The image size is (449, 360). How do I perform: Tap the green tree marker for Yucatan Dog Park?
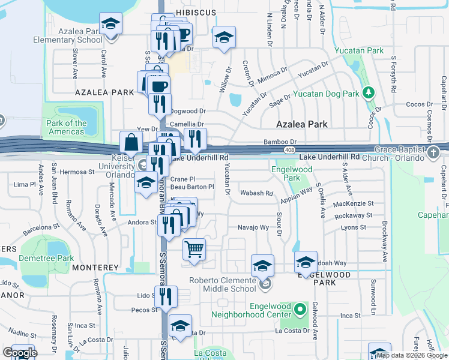point(369,93)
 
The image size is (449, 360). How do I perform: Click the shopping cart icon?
point(194,249)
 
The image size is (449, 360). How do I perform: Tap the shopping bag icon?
point(131,143)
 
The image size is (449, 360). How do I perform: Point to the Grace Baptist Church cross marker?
point(433,152)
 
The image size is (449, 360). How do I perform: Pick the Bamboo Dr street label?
point(280,142)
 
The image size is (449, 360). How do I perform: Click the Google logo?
point(20,352)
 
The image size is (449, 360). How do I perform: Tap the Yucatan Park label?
point(359,51)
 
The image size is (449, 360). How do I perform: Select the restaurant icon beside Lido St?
point(165,295)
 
